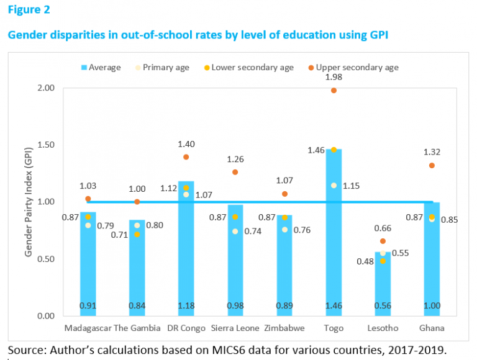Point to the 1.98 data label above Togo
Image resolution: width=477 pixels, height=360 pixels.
pos(334,76)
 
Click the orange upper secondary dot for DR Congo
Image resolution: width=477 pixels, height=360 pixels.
pos(186,157)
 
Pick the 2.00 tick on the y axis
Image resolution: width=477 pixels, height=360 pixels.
pos(47,88)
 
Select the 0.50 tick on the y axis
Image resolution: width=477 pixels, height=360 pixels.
pos(47,259)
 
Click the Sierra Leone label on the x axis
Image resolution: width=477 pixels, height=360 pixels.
pos(235,327)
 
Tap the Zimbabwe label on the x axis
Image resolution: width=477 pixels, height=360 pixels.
pos(284,327)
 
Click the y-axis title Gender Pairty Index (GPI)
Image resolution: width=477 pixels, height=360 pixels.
pos(28,202)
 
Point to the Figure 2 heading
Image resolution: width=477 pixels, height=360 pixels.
pos(29,10)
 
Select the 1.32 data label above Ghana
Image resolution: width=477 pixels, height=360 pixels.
pos(432,151)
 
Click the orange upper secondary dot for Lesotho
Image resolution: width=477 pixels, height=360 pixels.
pos(383,241)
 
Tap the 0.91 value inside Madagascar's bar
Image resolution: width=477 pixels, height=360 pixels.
pos(88,305)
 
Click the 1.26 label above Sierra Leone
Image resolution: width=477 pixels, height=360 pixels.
pos(235,158)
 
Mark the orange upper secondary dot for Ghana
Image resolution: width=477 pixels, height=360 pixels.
pos(432,166)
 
